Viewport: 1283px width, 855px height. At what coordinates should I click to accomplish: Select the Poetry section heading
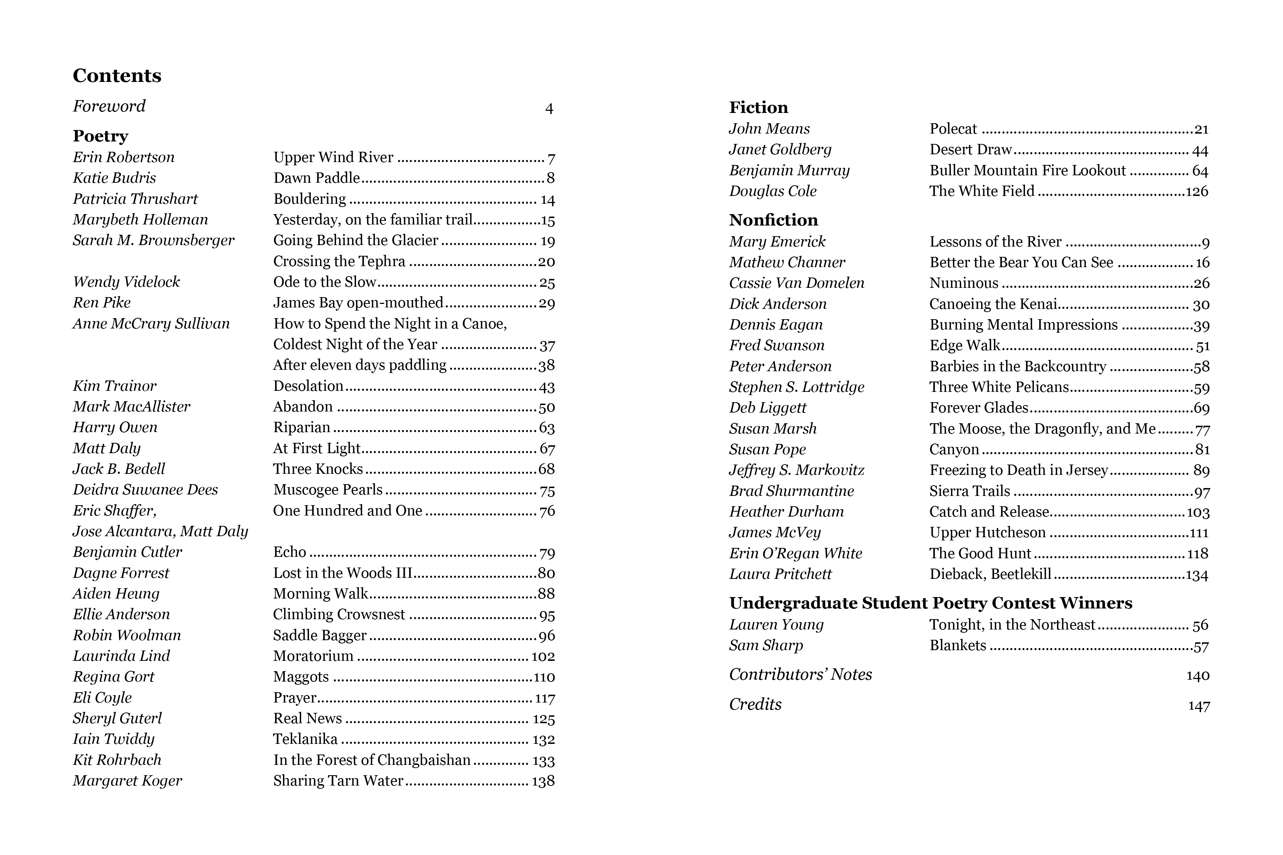tap(101, 136)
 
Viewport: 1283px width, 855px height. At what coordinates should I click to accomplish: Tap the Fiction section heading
tap(758, 108)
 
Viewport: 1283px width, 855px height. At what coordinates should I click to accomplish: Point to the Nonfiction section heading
tap(773, 220)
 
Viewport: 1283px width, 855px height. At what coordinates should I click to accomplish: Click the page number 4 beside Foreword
tap(549, 109)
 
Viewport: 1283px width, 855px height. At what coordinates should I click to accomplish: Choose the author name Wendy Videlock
tap(126, 282)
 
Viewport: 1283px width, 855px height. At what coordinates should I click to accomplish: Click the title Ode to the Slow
tap(325, 282)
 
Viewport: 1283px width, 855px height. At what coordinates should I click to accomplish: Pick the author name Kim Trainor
tap(114, 386)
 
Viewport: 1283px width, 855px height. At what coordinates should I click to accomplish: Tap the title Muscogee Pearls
tap(328, 489)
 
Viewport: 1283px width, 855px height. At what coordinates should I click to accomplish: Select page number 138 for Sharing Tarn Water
tap(543, 781)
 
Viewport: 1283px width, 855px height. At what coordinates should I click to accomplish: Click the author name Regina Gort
tap(113, 677)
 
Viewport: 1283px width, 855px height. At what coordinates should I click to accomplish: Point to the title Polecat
tap(953, 129)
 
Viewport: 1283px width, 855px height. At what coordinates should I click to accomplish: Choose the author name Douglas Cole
tap(772, 191)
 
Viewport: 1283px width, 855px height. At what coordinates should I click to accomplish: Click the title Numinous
tap(963, 283)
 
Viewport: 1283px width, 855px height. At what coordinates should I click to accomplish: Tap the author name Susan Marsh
tap(772, 429)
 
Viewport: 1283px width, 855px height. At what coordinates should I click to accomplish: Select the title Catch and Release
tap(989, 512)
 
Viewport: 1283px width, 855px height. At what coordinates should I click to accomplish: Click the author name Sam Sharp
tap(766, 646)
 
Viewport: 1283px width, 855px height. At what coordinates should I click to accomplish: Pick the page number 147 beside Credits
tap(1199, 706)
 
